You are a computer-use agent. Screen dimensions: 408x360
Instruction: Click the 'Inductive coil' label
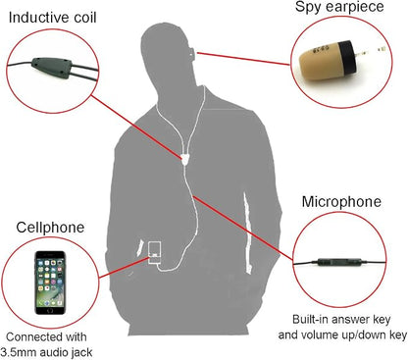(53, 18)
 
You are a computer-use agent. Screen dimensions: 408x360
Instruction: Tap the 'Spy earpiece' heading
(339, 7)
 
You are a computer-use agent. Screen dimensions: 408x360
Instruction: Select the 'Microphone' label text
(341, 201)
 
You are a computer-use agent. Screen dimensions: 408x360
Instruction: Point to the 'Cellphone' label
(50, 228)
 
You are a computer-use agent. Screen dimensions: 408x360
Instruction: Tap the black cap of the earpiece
(347, 58)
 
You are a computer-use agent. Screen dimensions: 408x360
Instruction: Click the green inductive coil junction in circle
(52, 67)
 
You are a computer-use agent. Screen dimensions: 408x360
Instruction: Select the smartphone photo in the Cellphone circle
(50, 283)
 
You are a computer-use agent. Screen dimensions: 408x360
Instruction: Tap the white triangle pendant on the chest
(185, 160)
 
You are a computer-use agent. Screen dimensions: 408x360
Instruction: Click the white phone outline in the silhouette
(155, 252)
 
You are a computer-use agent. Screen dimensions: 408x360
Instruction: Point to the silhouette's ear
(191, 52)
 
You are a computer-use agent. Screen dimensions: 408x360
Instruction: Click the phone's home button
(50, 310)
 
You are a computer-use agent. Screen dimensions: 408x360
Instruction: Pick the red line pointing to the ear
(243, 58)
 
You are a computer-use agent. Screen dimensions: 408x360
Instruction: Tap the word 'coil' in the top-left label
(85, 18)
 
